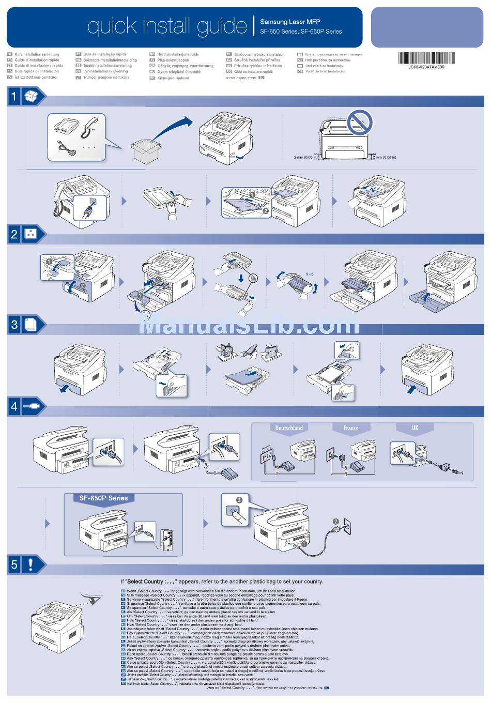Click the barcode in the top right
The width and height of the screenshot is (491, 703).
426,58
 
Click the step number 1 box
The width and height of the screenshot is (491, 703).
14,96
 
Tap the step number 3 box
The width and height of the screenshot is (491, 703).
14,324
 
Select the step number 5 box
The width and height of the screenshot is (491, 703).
14,564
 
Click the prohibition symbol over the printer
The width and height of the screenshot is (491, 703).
359,122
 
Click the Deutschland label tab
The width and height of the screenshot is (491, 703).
289,428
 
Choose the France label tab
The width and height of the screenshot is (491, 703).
351,428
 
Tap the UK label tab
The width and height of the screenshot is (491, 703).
415,428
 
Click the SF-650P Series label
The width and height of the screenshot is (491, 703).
103,498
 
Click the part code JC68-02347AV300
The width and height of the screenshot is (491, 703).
426,67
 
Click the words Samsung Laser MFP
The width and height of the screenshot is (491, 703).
290,22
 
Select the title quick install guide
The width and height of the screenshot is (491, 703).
167,26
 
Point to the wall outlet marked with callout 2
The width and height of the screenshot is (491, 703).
345,527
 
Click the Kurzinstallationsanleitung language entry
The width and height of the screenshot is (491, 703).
36,54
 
